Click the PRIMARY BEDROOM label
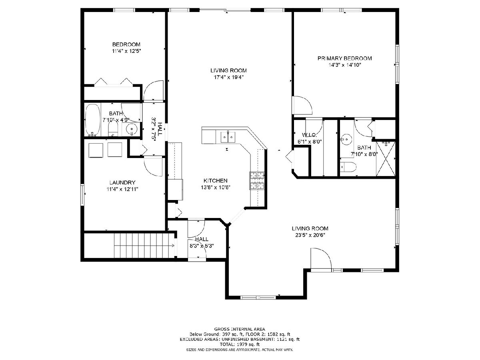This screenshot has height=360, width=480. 344,58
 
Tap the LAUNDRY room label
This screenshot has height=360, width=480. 122,182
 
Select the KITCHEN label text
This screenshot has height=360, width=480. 215,180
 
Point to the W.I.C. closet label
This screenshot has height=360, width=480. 309,135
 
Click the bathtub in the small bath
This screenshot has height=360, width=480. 92,120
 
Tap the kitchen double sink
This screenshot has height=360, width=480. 228,137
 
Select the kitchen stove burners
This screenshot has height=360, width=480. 257,181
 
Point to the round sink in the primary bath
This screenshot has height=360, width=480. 346,139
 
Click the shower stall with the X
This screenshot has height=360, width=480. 386,159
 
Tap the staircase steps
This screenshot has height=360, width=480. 143,246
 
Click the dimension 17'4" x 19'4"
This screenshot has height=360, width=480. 228,77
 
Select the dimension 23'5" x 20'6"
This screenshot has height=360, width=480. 310,235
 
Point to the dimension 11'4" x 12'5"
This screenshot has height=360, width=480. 126,51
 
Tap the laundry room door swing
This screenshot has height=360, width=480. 153,166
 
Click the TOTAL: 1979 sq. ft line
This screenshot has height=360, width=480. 240,350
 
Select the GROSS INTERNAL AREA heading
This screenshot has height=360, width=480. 240,335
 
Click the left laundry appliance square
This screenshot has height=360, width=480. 96,150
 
